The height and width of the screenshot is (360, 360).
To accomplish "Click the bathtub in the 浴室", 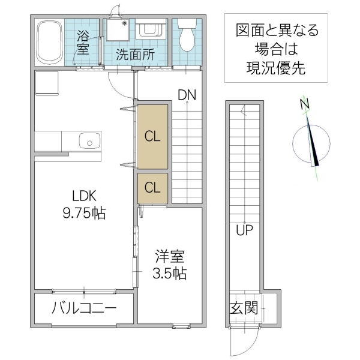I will [50, 43].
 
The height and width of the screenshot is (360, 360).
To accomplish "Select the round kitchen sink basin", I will [90, 142].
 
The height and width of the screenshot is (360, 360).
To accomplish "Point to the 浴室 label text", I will [82, 42].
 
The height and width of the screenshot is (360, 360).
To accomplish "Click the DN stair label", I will [187, 94].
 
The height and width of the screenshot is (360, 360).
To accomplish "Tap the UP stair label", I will [244, 230].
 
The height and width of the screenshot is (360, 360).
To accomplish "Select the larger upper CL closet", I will [152, 136].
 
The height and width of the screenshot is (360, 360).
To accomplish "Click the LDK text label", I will [85, 196].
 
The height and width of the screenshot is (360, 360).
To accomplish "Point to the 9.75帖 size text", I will [85, 212].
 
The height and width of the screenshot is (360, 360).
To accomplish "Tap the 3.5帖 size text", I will [169, 274].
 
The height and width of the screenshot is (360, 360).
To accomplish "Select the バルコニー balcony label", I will [83, 309].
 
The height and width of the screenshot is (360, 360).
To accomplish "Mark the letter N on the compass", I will [305, 104].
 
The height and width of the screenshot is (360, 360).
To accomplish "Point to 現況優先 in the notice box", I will [276, 68].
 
